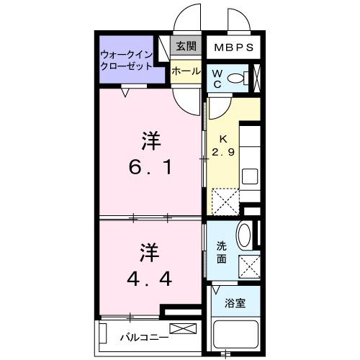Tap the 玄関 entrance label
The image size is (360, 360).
click(186, 47)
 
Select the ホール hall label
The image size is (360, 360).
click(186, 71)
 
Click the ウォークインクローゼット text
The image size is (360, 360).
click(127, 59)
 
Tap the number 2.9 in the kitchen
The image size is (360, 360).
click(223, 145)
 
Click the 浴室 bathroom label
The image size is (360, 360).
click(235, 303)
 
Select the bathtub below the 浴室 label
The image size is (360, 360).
click(234, 335)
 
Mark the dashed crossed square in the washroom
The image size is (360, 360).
click(248, 267)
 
